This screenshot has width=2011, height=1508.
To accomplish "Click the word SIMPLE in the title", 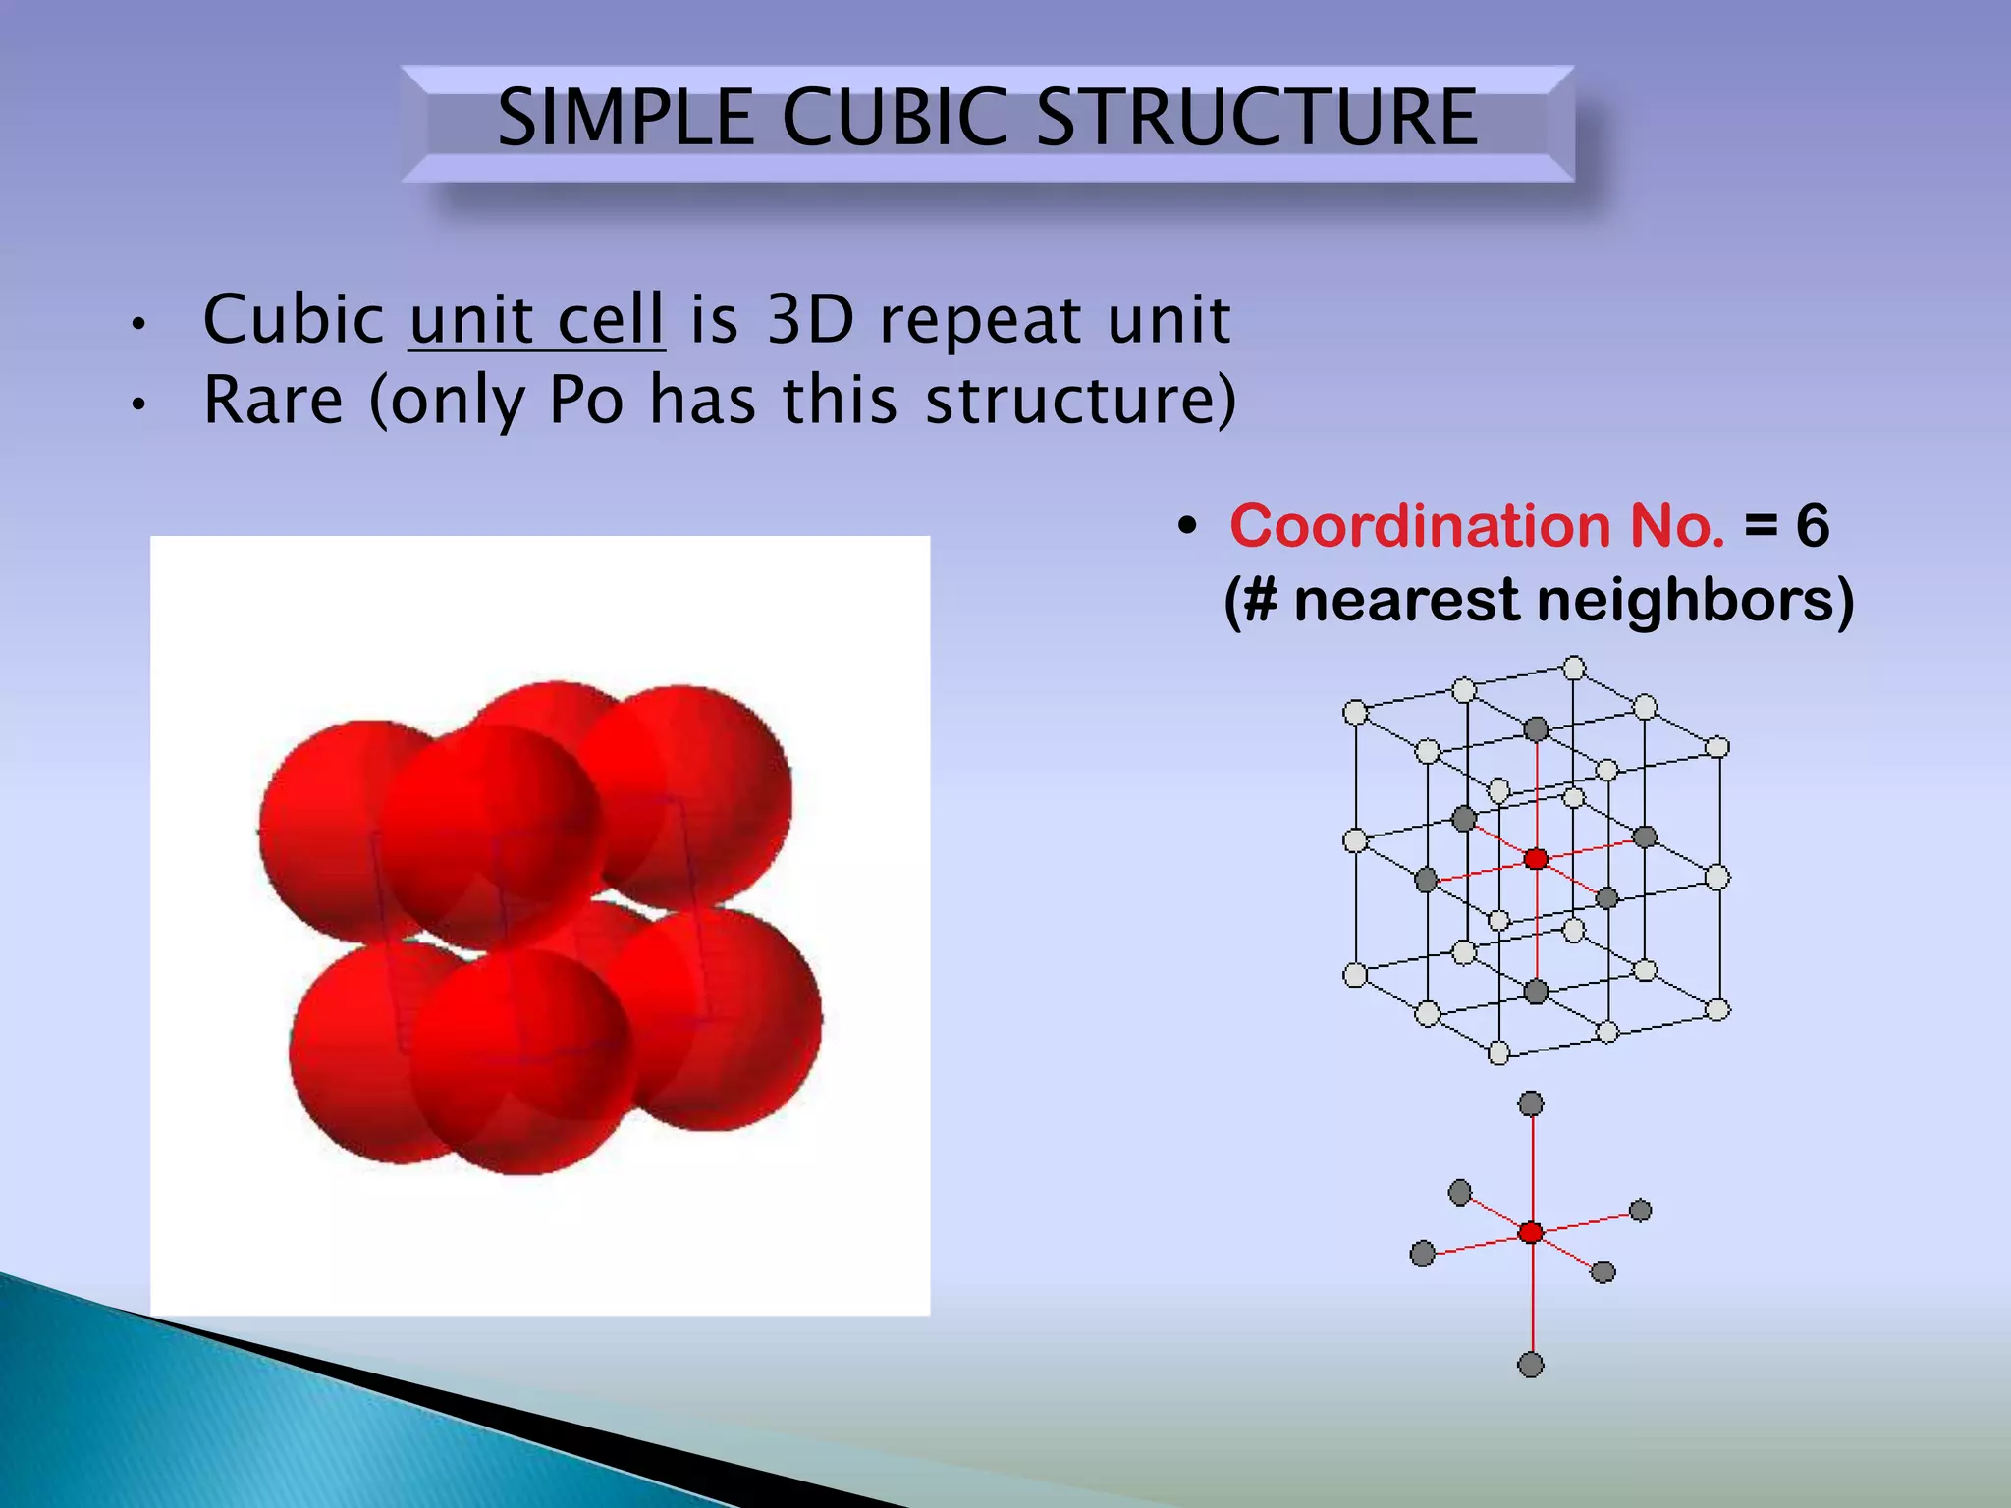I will coord(625,118).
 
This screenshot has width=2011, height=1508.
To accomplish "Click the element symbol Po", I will coord(585,401).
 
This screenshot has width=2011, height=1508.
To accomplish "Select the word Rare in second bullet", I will coord(273,401).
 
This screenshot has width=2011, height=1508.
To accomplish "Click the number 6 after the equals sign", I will coord(1812,526).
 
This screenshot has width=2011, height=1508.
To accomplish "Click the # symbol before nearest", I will coord(1260,600).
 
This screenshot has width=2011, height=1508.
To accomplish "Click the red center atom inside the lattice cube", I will coord(1536,859).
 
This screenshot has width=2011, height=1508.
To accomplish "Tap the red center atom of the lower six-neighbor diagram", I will coord(1531,1233).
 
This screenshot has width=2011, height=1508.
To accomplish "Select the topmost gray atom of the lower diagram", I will coord(1531,1104).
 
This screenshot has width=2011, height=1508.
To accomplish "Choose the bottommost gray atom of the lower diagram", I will coord(1531,1364).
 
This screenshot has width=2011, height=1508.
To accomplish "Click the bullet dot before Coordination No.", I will coord(1188,527).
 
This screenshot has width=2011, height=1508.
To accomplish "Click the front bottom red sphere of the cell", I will coord(520,1060).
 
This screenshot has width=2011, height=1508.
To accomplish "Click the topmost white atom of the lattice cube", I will coord(1574,669).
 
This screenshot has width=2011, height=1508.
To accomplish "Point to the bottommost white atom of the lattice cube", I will coord(1498,1053).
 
